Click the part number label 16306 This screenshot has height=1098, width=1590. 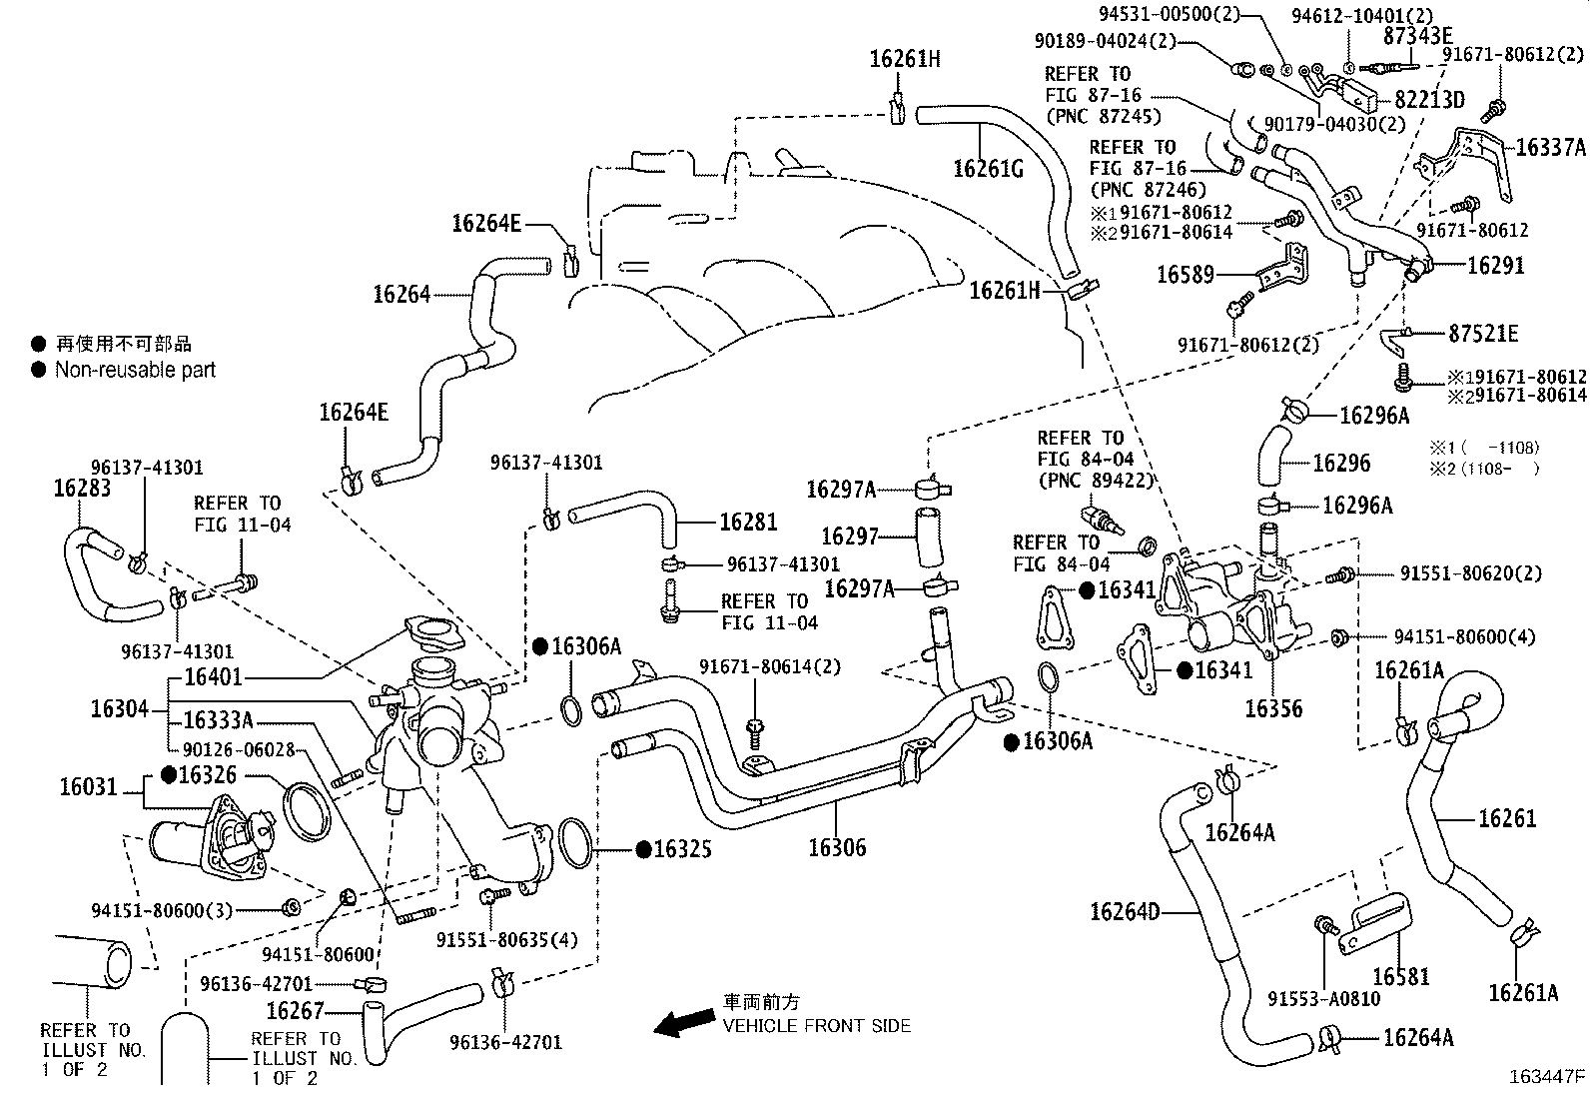click(837, 848)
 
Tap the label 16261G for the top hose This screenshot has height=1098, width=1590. click(988, 167)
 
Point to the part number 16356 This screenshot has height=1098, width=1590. click(1273, 708)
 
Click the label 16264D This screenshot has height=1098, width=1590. click(1125, 911)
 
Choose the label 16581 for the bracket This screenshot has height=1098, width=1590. click(1400, 976)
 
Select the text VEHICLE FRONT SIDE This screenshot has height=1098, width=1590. click(817, 1025)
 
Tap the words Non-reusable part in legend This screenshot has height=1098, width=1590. click(135, 370)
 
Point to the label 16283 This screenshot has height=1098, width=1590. click(82, 488)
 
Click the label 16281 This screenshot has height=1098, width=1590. click(748, 522)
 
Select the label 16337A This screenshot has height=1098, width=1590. click(1550, 148)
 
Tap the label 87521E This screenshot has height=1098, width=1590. click(1483, 334)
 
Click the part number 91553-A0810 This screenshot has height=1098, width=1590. click(1323, 998)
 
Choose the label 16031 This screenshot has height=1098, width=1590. click(88, 787)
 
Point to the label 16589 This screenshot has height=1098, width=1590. click(1185, 274)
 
